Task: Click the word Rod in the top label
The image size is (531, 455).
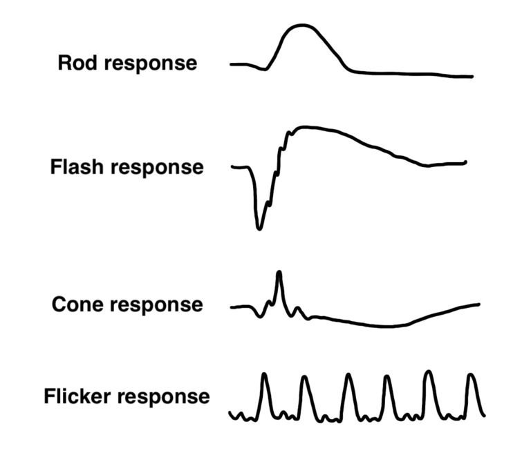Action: [x=75, y=63]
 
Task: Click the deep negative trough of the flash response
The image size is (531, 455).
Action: [x=259, y=226]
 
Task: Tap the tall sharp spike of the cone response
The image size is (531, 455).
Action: [x=279, y=273]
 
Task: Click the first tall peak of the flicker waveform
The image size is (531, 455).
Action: [x=263, y=376]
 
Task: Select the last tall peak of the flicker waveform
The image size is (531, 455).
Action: [x=471, y=376]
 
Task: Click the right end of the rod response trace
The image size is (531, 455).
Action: [x=472, y=76]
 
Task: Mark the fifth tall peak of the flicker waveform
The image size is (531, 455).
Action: [x=429, y=372]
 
